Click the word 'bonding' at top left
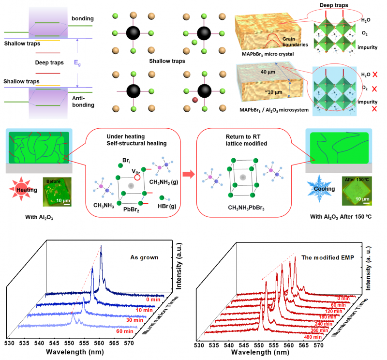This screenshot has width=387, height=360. point(83,18)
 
